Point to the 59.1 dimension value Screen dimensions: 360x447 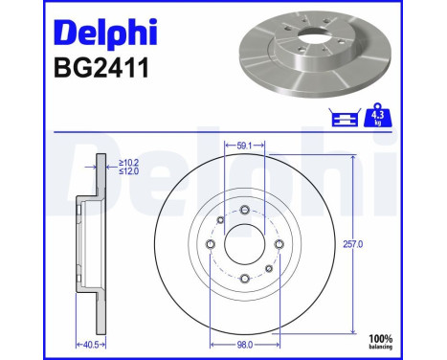click(x=244, y=146)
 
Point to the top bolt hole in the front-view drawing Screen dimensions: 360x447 click(x=245, y=211)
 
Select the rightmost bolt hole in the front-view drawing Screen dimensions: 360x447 click(x=279, y=244)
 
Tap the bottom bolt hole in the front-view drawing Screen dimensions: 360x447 click(x=245, y=279)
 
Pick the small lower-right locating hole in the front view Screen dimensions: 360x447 click(x=269, y=269)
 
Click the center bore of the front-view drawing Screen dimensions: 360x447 click(x=245, y=245)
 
